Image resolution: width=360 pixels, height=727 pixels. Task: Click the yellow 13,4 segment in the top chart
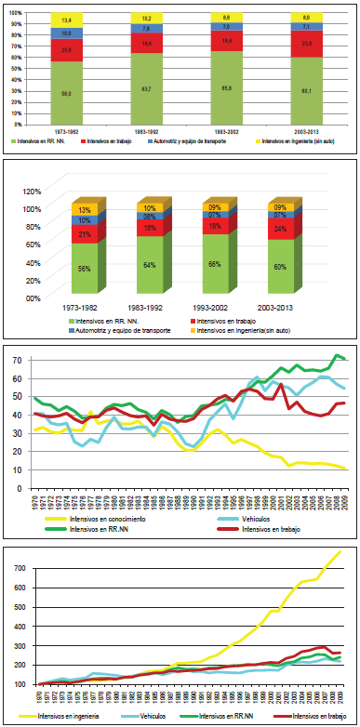[66, 19]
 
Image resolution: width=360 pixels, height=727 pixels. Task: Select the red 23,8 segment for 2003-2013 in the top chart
[306, 43]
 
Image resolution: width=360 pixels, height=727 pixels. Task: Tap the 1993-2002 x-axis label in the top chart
[225, 132]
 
